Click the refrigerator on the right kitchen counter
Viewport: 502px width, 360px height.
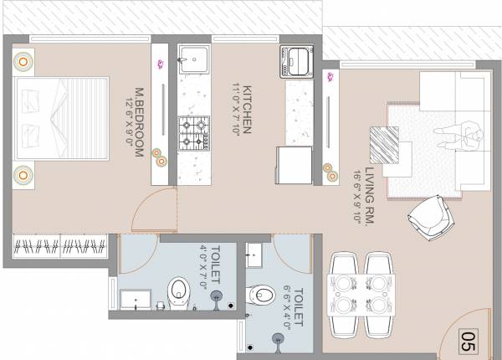pyautogui.click(x=293, y=166)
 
